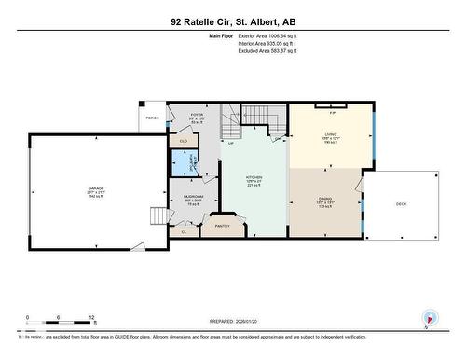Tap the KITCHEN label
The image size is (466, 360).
coord(254,176)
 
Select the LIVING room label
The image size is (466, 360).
coord(330,134)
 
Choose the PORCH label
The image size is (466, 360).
coord(152,118)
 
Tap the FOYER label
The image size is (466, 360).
coord(197,115)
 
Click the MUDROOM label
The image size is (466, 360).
coord(194,197)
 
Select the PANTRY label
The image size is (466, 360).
coord(222,226)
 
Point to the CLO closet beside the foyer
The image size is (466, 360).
coord(184,141)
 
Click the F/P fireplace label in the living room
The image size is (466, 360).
coord(333,113)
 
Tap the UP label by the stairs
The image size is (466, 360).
coord(230,143)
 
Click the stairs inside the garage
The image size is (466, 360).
coord(158,216)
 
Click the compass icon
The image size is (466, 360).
coord(430,317)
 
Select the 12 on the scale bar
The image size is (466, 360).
coord(90,318)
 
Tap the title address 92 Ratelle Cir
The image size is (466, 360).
coord(233,21)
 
